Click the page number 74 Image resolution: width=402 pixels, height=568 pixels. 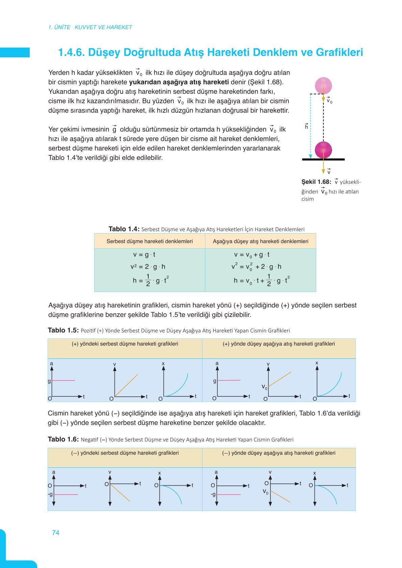(x=56, y=533)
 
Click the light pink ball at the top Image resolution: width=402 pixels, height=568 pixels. (x=323, y=85)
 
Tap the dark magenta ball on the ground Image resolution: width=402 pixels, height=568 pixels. (x=323, y=150)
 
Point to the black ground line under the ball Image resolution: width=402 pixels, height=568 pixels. (x=323, y=159)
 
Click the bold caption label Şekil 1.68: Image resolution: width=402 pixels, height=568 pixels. (x=316, y=182)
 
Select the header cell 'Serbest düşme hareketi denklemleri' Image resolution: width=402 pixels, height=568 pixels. (x=150, y=241)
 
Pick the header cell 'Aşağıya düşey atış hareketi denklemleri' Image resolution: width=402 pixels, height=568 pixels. (x=260, y=241)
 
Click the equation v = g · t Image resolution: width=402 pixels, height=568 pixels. (x=144, y=255)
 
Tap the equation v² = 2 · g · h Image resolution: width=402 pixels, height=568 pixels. (x=148, y=267)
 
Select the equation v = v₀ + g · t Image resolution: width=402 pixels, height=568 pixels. (x=252, y=255)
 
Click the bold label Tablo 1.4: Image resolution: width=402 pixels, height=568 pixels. (x=124, y=229)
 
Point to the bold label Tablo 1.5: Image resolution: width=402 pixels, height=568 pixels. (x=63, y=330)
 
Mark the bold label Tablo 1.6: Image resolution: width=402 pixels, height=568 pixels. (x=63, y=439)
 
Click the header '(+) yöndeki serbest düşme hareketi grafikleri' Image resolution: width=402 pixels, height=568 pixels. (x=125, y=344)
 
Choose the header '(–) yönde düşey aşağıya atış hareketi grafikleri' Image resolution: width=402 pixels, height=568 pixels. (x=279, y=453)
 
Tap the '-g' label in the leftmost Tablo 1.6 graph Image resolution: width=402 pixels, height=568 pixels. (x=50, y=494)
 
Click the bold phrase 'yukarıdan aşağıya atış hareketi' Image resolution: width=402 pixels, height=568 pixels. (x=179, y=82)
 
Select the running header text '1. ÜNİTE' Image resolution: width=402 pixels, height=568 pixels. (x=59, y=27)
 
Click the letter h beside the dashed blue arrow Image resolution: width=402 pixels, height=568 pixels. (x=306, y=127)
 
